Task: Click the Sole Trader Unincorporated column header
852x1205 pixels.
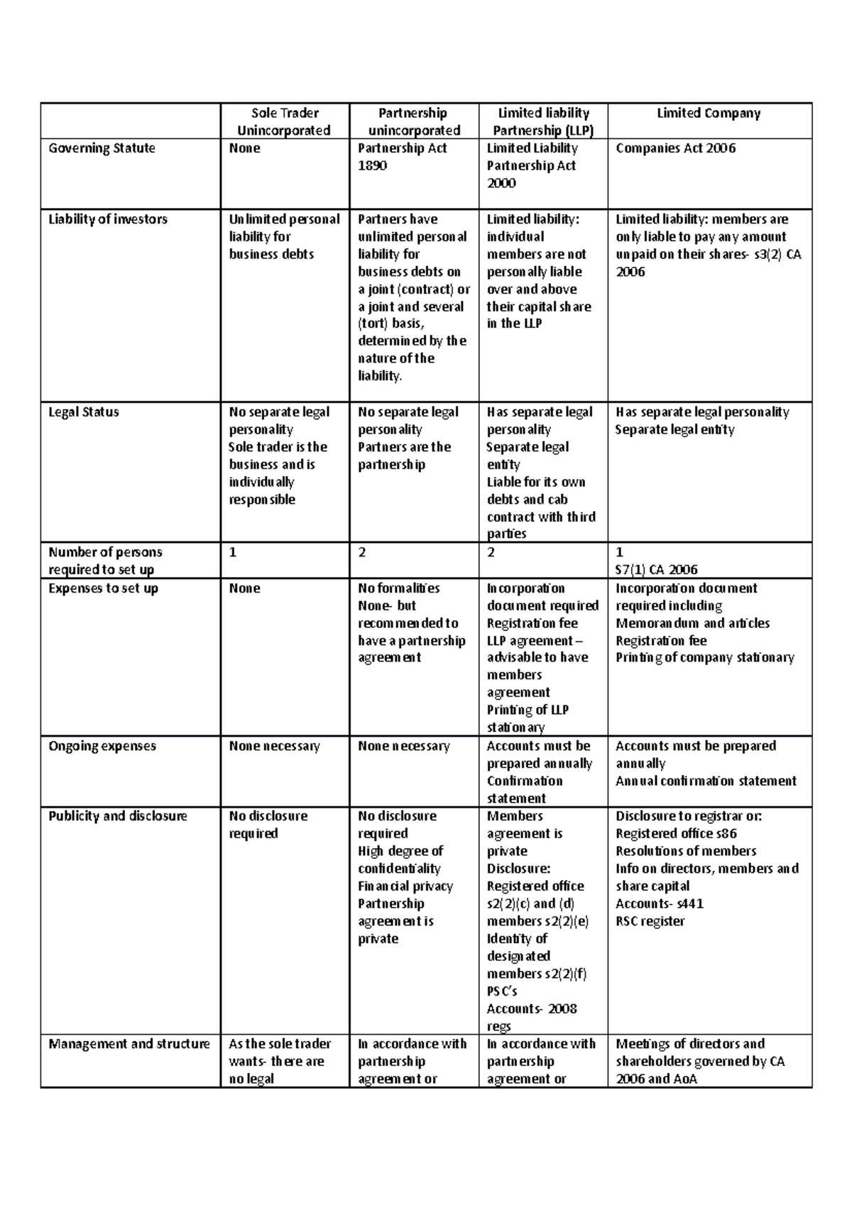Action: click(x=284, y=121)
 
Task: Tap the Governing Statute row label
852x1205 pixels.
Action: click(x=102, y=148)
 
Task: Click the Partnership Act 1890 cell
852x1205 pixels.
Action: click(x=402, y=157)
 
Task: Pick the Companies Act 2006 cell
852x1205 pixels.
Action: click(x=675, y=148)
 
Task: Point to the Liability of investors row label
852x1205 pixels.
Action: click(x=108, y=219)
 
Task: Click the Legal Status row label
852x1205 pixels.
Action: click(x=84, y=412)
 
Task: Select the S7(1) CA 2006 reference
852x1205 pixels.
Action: click(x=656, y=569)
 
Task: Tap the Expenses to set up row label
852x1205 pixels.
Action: click(x=103, y=588)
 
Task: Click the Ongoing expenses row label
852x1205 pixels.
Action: click(x=102, y=746)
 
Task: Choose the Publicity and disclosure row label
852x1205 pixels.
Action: click(x=117, y=816)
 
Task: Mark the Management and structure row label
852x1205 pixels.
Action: click(x=129, y=1044)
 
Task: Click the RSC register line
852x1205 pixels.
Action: click(x=650, y=921)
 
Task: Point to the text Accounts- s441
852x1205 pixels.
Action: click(x=660, y=903)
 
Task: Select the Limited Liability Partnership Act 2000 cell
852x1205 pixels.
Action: click(x=532, y=165)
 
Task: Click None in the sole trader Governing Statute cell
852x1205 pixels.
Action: click(x=244, y=148)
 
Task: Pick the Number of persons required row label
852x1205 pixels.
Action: click(x=105, y=561)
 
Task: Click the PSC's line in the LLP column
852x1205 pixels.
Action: click(x=502, y=991)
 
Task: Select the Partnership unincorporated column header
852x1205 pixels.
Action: click(x=413, y=121)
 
